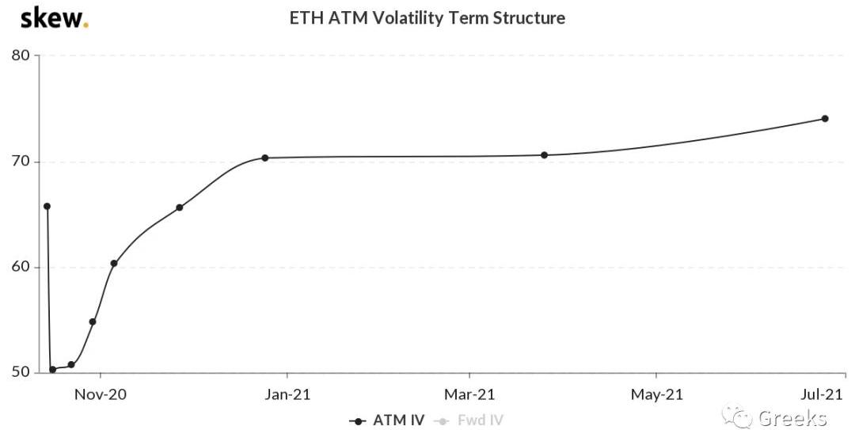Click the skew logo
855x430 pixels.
[x=53, y=18]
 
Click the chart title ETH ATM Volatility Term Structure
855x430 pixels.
[x=427, y=17]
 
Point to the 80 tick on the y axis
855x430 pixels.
[x=20, y=55]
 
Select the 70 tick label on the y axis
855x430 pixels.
[x=20, y=162]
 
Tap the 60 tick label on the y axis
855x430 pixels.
[x=20, y=267]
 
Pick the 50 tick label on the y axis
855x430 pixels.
[x=20, y=372]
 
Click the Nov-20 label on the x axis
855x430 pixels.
[x=101, y=394]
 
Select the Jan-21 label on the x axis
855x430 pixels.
[x=287, y=394]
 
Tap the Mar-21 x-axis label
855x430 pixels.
[x=469, y=394]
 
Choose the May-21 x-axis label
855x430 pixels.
[x=657, y=394]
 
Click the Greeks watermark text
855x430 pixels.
[x=792, y=417]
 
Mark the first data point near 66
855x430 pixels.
[x=47, y=206]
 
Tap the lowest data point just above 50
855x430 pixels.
[x=52, y=369]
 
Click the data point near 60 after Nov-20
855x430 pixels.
[x=114, y=263]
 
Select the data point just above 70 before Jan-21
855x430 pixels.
[x=264, y=158]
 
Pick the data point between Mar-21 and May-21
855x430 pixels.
[x=544, y=154]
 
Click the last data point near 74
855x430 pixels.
[x=825, y=119]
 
